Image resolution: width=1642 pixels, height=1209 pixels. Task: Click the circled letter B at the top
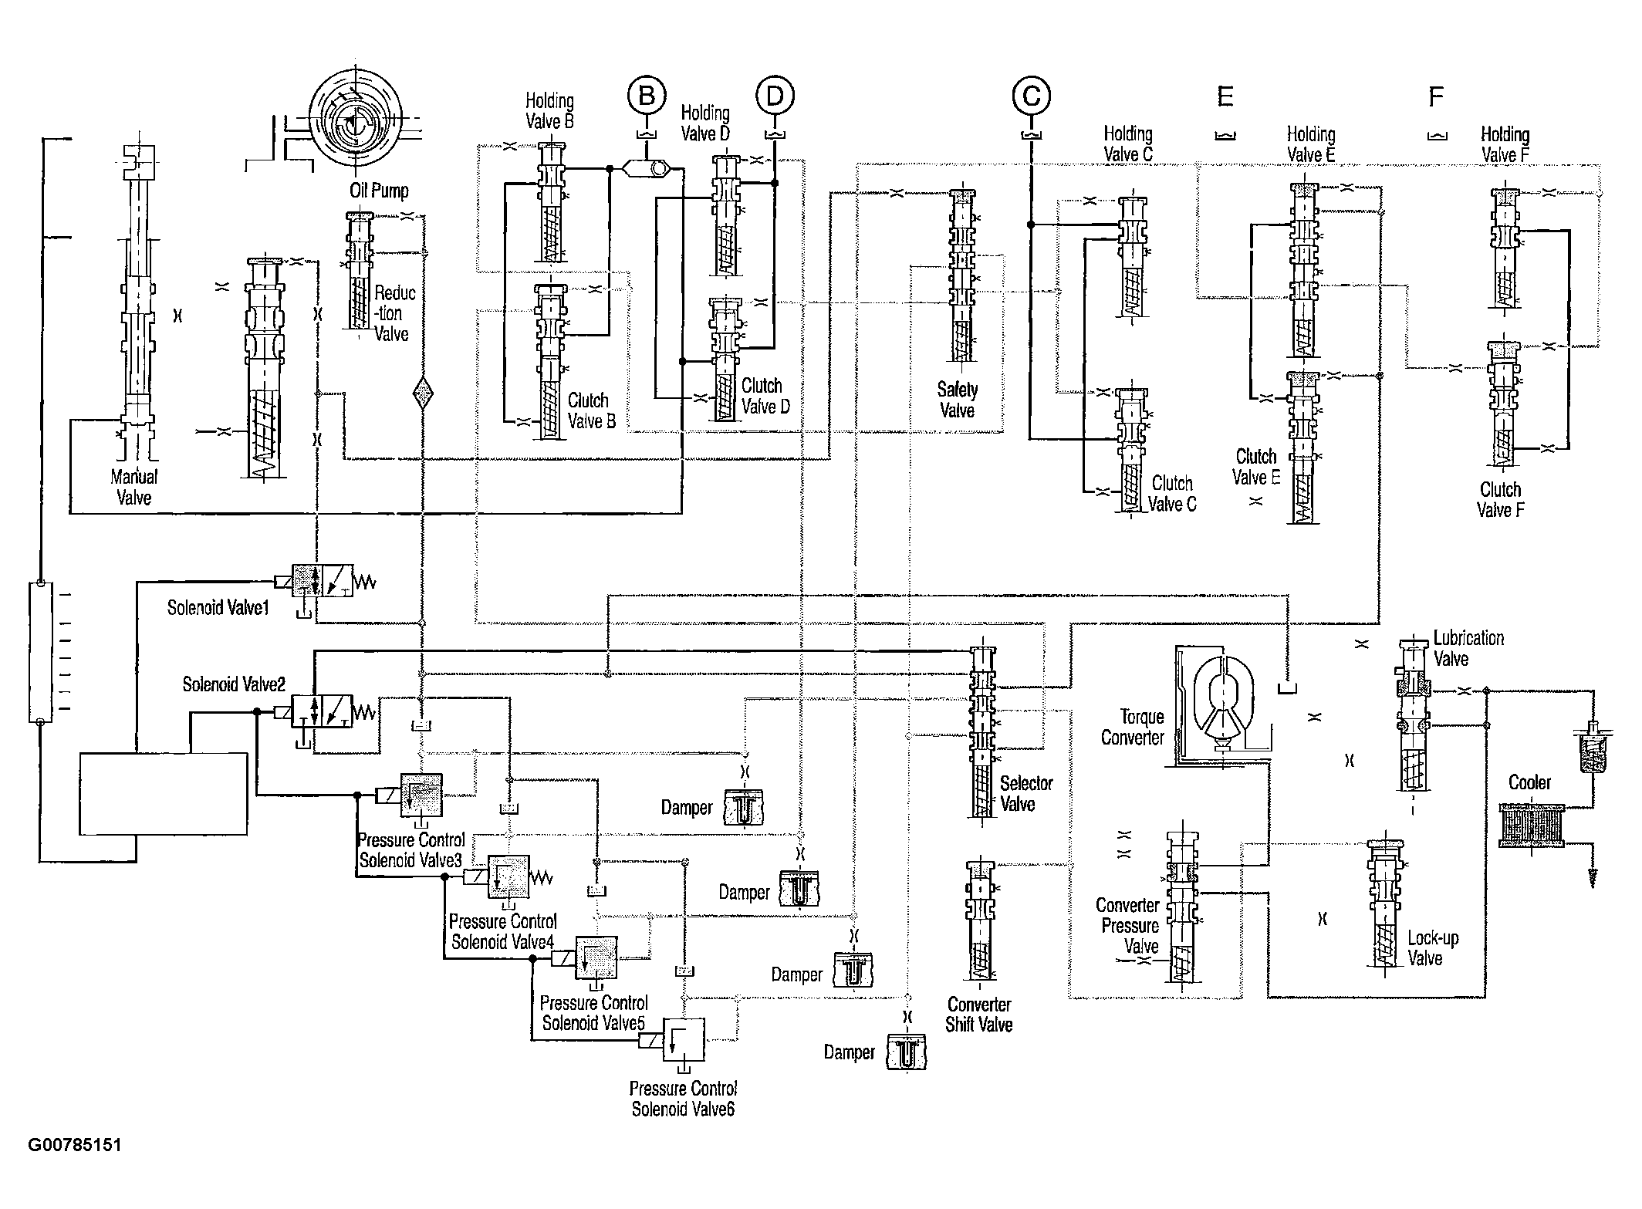tap(647, 96)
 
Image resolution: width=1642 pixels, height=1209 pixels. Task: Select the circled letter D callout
tap(775, 96)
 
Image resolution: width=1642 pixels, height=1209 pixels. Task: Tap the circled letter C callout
tap(1032, 96)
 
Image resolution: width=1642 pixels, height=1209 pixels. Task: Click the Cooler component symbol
tap(1532, 826)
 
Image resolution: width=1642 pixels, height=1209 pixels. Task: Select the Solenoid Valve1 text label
tap(218, 608)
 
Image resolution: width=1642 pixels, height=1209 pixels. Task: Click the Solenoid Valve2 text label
tap(234, 684)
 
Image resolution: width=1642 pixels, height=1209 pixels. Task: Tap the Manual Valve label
tap(133, 487)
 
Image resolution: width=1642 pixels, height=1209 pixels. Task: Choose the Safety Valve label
tap(958, 400)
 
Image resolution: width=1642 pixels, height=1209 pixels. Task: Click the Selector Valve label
tap(1026, 793)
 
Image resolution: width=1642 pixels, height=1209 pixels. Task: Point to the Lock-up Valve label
tap(1433, 948)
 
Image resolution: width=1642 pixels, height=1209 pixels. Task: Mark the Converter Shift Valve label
tap(979, 1014)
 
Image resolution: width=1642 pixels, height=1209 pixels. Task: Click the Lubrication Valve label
tap(1468, 648)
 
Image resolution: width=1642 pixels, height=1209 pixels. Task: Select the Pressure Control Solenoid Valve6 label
tap(683, 1099)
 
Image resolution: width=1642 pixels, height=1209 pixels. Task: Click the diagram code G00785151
tap(75, 1145)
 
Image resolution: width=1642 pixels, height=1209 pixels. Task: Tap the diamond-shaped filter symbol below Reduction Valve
tap(422, 393)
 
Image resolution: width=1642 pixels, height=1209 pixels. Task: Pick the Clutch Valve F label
tap(1500, 499)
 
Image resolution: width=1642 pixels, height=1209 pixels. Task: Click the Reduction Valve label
tap(394, 313)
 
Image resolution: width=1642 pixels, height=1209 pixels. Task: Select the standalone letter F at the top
tap(1436, 97)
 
